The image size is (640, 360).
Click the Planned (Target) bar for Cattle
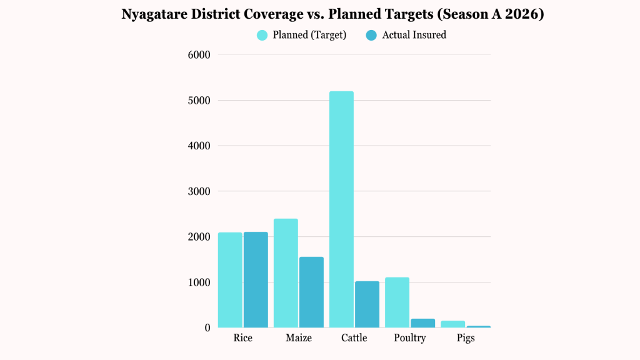coord(341,209)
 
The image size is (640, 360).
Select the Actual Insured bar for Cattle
coord(367,304)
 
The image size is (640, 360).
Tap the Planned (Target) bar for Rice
coord(230,280)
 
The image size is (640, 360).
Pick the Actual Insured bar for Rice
coord(256,279)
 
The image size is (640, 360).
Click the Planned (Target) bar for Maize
coord(286,273)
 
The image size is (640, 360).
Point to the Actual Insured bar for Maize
coord(311,292)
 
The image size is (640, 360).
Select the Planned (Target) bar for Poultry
coord(397,302)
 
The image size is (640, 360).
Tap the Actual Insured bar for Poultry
coord(422,323)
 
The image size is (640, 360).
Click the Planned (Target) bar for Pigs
coord(452,324)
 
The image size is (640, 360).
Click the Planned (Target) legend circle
coord(262,35)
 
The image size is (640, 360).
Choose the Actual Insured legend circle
coord(371,35)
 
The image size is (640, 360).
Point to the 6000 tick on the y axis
coord(199,55)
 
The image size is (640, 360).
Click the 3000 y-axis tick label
coord(199,191)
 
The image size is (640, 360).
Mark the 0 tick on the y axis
coord(206,327)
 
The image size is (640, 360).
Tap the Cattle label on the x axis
coord(354,338)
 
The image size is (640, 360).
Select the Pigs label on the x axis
coord(465,338)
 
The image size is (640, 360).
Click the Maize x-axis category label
coord(298,338)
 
